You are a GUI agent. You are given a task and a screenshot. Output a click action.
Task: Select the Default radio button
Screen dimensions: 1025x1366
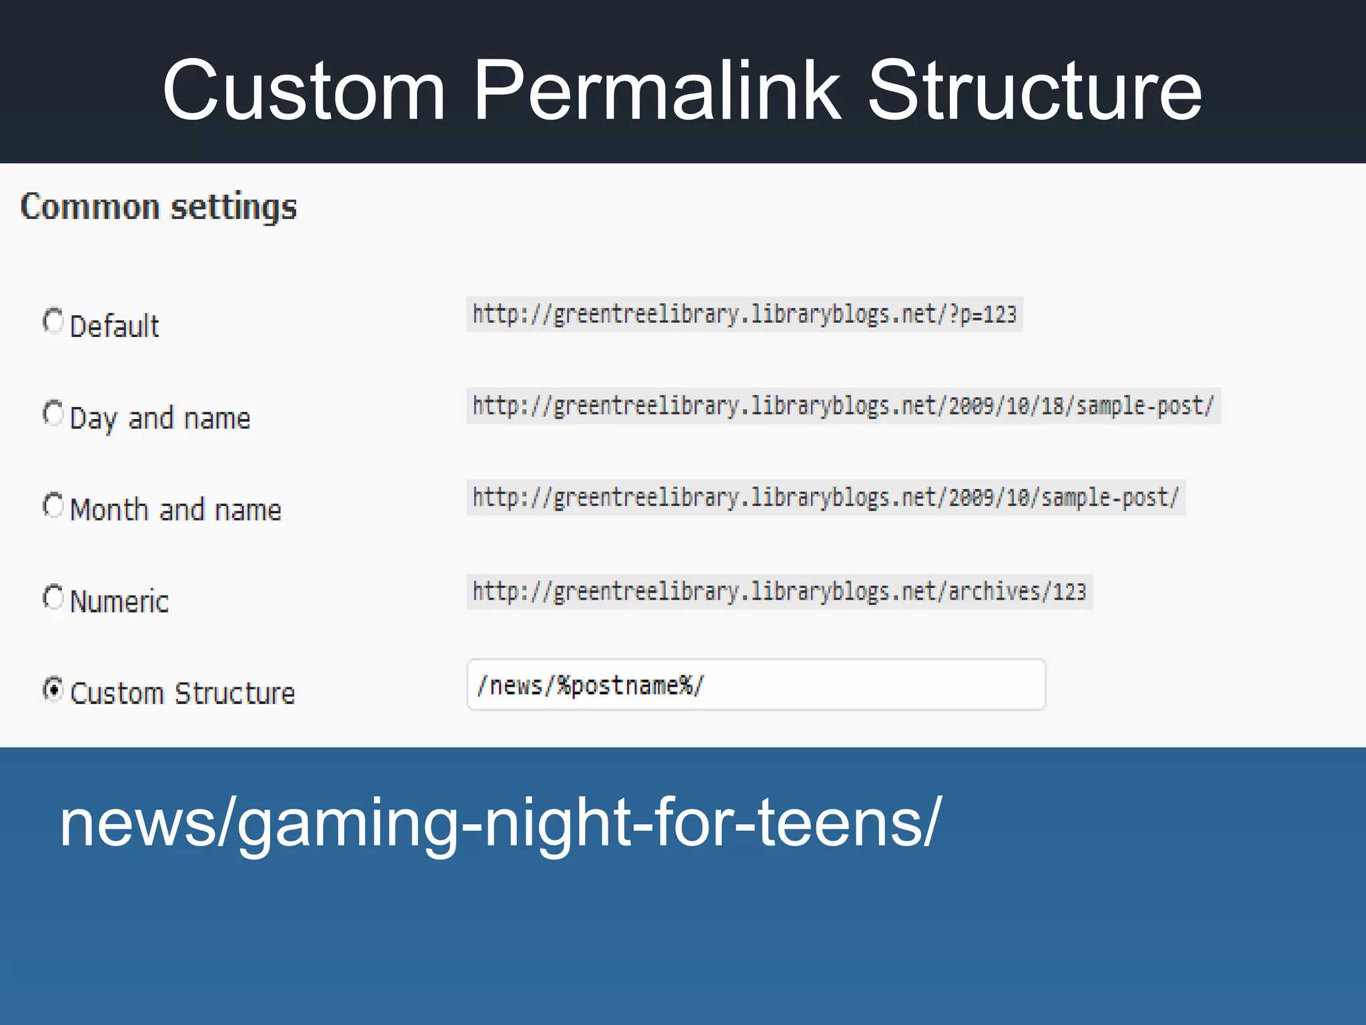tap(53, 321)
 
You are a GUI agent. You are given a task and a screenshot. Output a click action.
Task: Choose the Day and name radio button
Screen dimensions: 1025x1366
tap(53, 413)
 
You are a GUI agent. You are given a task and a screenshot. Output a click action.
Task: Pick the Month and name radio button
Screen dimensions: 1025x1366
tap(53, 505)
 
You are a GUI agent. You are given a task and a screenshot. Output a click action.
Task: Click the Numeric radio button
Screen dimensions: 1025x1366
tap(53, 597)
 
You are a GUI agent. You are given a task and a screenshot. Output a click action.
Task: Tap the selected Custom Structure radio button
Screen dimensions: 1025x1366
tap(53, 689)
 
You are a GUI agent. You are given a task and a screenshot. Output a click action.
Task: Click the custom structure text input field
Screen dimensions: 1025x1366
tap(756, 685)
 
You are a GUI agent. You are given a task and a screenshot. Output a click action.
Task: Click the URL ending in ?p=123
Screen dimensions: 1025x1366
tap(744, 314)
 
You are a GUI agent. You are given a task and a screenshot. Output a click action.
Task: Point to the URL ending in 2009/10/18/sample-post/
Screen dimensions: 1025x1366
tap(843, 406)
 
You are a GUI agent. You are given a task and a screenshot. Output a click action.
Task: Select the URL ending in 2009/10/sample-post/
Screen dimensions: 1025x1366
tap(825, 498)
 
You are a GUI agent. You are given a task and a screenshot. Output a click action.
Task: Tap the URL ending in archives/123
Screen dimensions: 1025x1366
tap(779, 591)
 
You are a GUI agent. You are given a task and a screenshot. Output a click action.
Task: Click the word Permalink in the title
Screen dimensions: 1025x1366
tap(656, 91)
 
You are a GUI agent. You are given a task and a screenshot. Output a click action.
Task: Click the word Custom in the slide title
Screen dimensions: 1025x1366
tap(303, 91)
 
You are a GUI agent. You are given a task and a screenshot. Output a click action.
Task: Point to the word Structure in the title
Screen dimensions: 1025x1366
tap(1035, 91)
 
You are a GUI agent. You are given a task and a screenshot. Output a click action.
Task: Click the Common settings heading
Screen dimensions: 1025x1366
tap(158, 207)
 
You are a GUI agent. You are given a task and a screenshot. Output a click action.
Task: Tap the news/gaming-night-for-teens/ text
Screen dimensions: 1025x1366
tap(500, 823)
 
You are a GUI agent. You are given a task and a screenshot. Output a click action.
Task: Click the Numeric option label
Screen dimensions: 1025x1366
tap(119, 601)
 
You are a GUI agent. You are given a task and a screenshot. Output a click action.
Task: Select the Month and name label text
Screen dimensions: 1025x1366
tap(175, 510)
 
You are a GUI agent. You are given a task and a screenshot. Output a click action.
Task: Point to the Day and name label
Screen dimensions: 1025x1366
tap(160, 418)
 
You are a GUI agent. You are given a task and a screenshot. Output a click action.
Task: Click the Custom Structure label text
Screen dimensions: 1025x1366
tap(182, 693)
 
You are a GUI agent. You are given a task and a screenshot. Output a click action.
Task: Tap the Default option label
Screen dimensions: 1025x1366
tap(114, 326)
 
